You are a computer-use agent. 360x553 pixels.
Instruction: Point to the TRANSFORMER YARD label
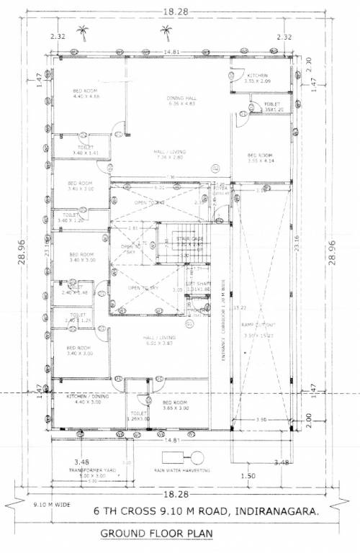pos(92,469)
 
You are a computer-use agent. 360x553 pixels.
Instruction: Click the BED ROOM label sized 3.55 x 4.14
pos(260,156)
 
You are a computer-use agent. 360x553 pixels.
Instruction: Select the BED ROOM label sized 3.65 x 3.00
pos(176,402)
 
